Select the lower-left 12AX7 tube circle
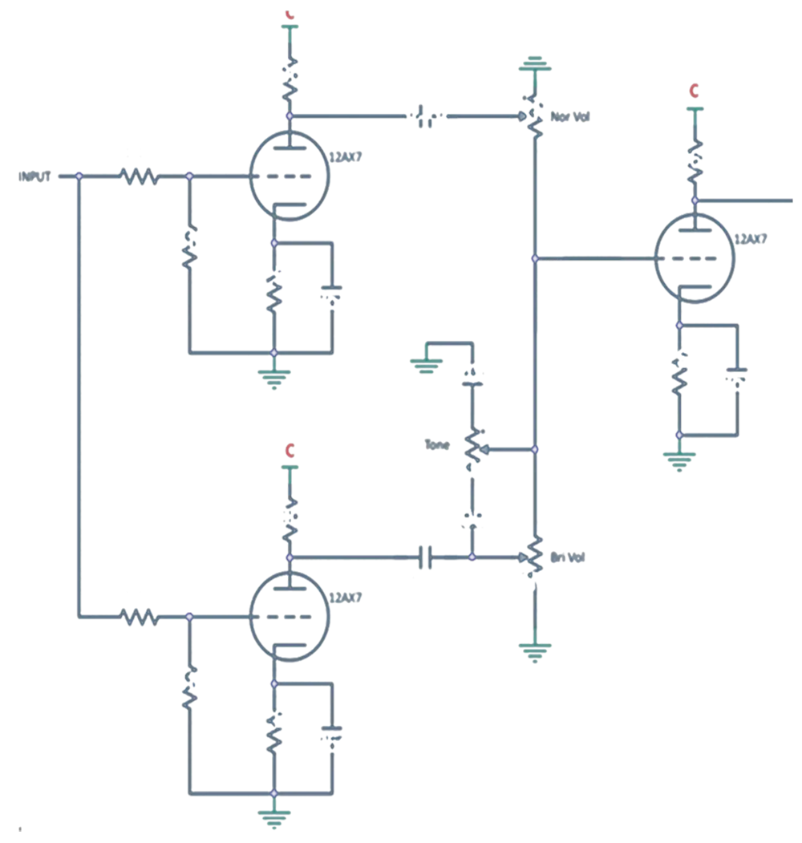[289, 617]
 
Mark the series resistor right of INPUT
[140, 176]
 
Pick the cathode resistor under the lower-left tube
[273, 732]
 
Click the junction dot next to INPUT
[79, 176]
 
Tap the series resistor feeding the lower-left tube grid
[140, 617]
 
